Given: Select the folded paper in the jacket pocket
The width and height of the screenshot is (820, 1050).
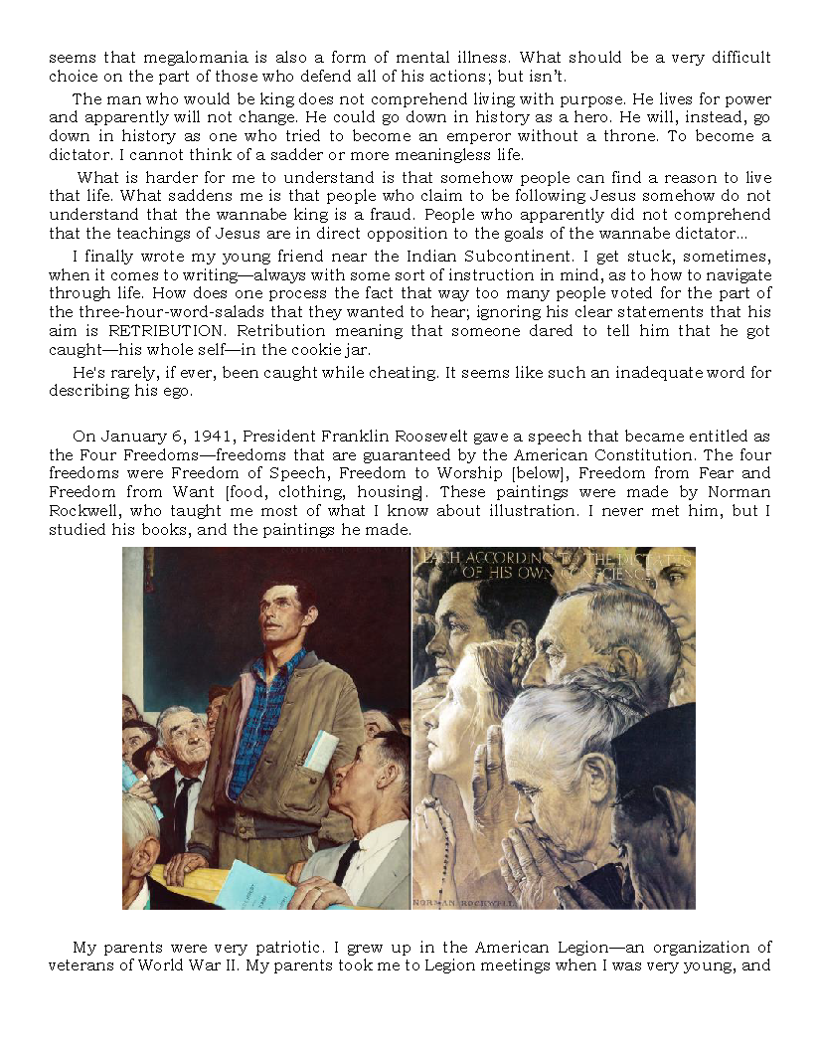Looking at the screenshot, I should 320,752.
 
